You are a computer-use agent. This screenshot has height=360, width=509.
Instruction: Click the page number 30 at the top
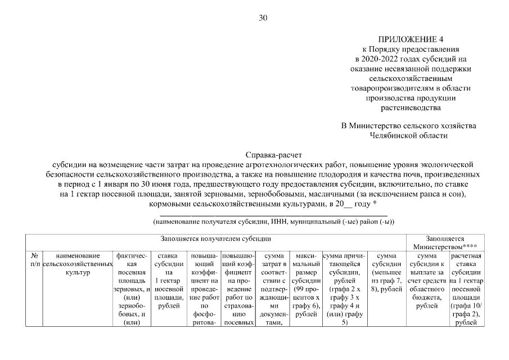pos(263,17)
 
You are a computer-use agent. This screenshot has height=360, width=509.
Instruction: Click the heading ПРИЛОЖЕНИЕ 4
pos(411,39)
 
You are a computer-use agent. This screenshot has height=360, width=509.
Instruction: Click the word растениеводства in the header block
pos(411,106)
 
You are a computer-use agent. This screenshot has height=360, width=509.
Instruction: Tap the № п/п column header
pos(35,260)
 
